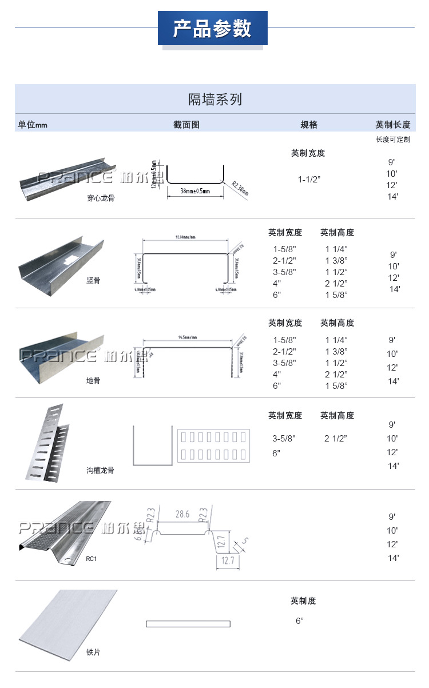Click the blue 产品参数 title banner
(x=212, y=28)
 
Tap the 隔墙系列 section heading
(x=215, y=100)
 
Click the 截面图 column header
(x=186, y=125)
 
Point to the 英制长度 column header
(x=392, y=125)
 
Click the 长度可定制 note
(x=392, y=140)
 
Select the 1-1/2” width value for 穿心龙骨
(x=309, y=180)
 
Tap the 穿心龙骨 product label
(x=101, y=198)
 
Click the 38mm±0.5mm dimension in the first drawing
(x=194, y=190)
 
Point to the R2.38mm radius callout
(x=240, y=188)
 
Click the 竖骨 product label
(x=93, y=280)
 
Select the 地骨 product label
(x=93, y=380)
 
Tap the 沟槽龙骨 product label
(x=101, y=470)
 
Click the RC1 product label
(x=92, y=559)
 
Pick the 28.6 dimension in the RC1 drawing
(x=182, y=514)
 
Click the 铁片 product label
(x=93, y=652)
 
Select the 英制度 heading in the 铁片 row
(x=303, y=601)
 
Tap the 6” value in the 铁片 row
(x=299, y=621)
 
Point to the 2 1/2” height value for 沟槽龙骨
(x=336, y=439)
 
